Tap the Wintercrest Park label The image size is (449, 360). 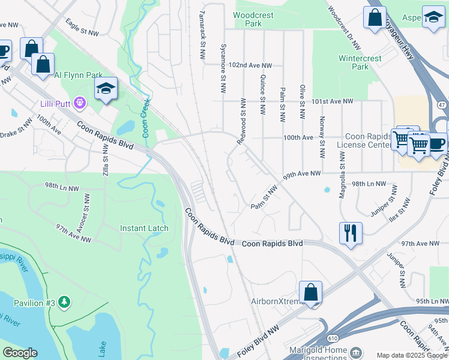coord(360,63)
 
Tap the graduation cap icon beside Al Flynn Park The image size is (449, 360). coord(106,89)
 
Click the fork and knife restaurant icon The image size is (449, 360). coord(351,231)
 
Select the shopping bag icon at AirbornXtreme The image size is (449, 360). coord(311,293)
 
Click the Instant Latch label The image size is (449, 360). coord(145,228)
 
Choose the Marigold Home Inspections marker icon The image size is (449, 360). coord(356,351)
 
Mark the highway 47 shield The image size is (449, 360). coord(442,104)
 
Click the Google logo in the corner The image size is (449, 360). coord(20,353)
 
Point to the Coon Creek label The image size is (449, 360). coord(146,117)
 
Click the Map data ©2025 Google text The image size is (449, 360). coord(411,355)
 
